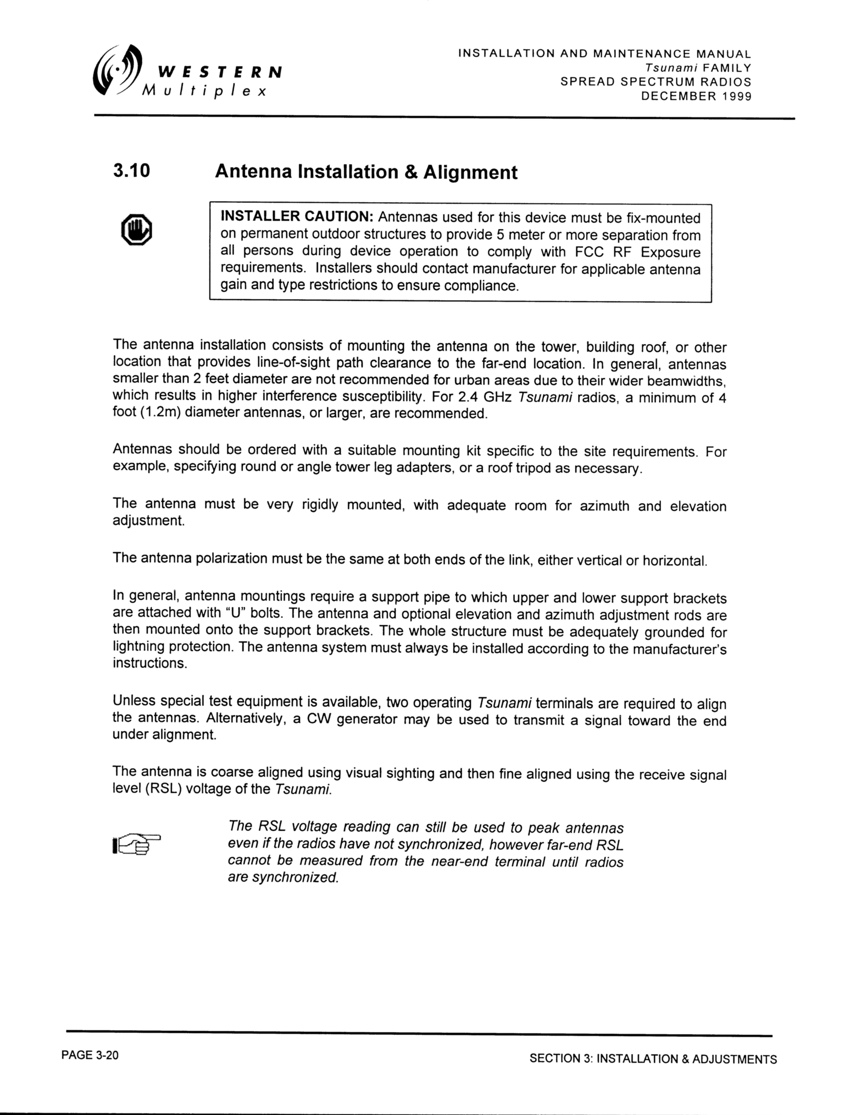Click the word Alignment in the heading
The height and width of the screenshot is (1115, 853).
click(x=470, y=173)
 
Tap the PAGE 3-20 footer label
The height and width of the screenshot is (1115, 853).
click(x=90, y=1055)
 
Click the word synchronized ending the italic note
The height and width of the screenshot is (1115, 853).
click(x=295, y=877)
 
